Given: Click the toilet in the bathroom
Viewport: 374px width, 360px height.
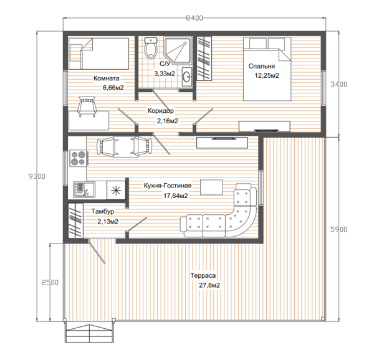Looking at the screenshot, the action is pos(151,48).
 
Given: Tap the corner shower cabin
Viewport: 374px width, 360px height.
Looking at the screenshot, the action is pos(178,50).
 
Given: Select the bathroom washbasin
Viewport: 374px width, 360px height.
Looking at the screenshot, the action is pos(187,77).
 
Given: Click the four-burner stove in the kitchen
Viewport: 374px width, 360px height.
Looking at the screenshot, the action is pos(78,158).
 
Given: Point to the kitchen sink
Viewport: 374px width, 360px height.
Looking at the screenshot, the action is pos(84,189).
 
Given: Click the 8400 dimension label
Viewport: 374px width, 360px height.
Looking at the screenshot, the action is pos(194,18).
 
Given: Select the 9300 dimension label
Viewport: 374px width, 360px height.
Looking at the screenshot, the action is pos(37,176).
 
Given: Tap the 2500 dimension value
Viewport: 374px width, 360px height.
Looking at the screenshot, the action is pos(50,283).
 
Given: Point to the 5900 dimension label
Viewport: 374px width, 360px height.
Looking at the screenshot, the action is pos(338,229).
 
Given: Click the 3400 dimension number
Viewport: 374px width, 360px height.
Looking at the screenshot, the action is pos(338,84).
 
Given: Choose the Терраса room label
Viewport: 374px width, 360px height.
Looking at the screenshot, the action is pos(203,275).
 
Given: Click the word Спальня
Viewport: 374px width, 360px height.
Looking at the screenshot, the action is pos(262,66).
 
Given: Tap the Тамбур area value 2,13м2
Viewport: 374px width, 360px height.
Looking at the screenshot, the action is pos(108,222).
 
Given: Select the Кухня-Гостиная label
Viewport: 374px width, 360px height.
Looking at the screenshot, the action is pos(168,186).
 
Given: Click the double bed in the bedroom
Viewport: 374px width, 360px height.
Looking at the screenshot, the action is pos(267,69).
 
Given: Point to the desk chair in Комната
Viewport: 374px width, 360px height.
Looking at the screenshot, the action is pos(87,107).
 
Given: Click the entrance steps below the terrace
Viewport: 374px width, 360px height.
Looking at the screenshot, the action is pos(89,333).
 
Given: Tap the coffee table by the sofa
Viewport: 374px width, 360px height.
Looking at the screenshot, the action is pos(211,187).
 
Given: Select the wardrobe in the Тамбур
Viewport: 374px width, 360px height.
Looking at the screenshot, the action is pos(75,220).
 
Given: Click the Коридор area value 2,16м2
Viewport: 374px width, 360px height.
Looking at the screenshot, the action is pos(168,121).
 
